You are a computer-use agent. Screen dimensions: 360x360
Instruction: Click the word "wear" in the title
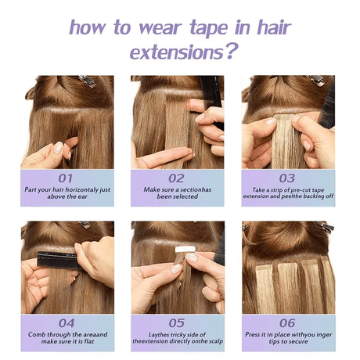coord(164,28)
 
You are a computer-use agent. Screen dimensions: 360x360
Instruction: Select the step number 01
coord(67,178)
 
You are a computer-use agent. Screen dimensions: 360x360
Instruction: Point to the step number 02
coord(177,178)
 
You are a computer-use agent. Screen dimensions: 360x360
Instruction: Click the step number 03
coord(287,178)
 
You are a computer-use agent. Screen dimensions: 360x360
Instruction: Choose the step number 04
coord(67,322)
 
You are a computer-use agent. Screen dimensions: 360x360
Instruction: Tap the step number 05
coord(177,322)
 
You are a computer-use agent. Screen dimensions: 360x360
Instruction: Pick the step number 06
coord(287,322)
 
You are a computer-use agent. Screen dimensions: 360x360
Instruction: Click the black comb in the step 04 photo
coord(56,257)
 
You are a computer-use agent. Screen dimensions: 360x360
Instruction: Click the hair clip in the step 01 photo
coord(85,80)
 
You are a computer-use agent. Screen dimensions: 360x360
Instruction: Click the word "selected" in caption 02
coord(196,198)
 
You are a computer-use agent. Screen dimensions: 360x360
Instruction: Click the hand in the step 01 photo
coord(47,153)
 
